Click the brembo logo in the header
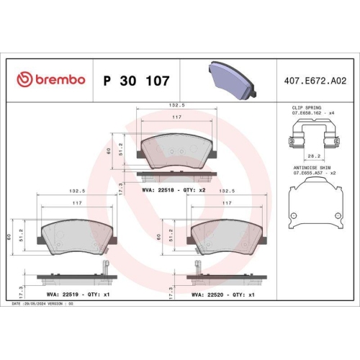pos(50,79)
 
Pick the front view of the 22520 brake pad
pos(225,234)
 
